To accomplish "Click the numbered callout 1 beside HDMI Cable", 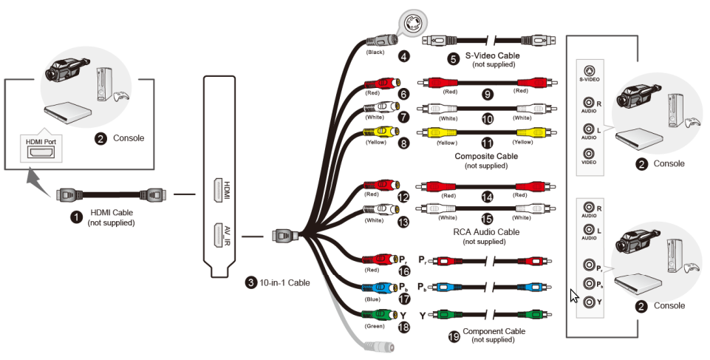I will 75,217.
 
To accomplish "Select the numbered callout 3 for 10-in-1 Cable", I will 252,282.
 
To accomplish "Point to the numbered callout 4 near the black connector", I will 403,55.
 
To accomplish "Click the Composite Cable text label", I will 486,157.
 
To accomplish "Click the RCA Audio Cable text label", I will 486,232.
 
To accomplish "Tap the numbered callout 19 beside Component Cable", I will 454,336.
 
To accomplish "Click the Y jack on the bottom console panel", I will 589,302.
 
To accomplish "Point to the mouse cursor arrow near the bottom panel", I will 574,296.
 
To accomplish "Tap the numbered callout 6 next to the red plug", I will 403,95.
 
